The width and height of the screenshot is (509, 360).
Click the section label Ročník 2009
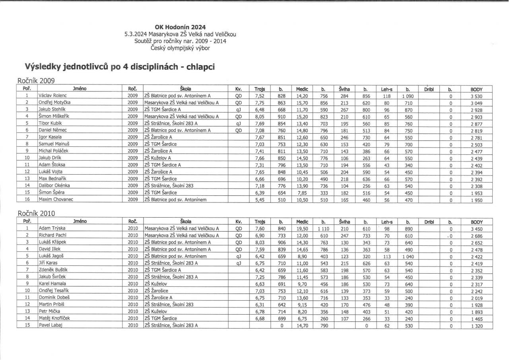pyautogui.click(x=36, y=80)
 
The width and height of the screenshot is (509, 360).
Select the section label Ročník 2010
pyautogui.click(x=36, y=214)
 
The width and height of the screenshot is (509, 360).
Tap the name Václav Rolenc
pyautogui.click(x=52, y=96)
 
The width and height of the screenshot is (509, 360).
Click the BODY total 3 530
pyautogui.click(x=476, y=96)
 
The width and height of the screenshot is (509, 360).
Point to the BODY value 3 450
pyautogui.click(x=476, y=228)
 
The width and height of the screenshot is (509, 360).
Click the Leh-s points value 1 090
pyautogui.click(x=408, y=96)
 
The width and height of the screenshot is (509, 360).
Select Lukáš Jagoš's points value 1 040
pyautogui.click(x=408, y=257)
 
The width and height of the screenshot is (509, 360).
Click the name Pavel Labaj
pyautogui.click(x=49, y=325)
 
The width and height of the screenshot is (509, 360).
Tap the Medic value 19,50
pyautogui.click(x=302, y=228)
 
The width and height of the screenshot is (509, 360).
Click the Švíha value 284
pyautogui.click(x=344, y=96)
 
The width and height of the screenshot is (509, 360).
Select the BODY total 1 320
pyautogui.click(x=476, y=325)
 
